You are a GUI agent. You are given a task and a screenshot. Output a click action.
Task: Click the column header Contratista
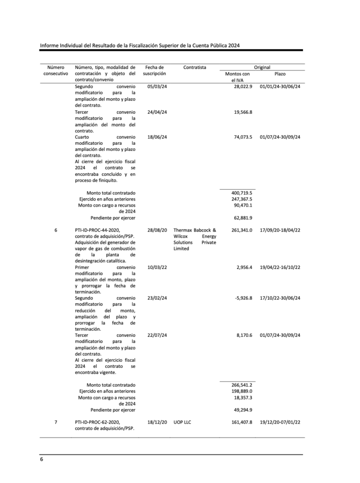point(195,67)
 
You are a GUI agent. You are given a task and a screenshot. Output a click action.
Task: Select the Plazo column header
point(280,74)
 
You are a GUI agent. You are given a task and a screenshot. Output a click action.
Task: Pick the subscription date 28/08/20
point(157,230)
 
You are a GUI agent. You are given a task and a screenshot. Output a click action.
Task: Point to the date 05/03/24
point(157,87)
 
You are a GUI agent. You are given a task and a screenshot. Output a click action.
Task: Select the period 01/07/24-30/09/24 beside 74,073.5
point(280,137)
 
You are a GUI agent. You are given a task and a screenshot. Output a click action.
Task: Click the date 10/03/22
point(157,267)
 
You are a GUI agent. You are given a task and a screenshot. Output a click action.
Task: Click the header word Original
point(262,67)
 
